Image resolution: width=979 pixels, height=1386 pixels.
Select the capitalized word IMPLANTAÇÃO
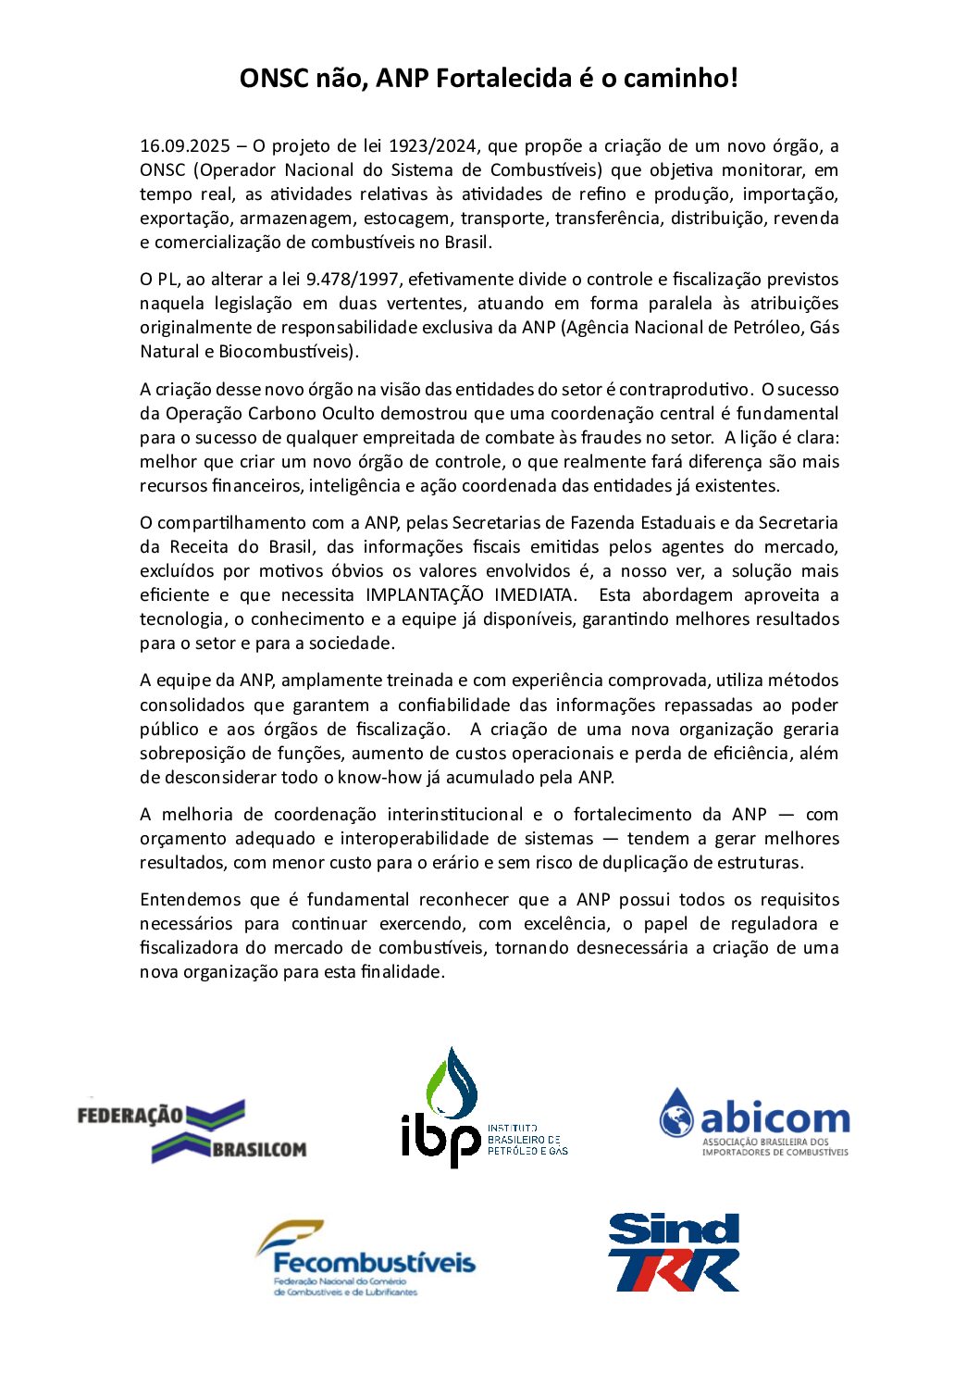[425, 595]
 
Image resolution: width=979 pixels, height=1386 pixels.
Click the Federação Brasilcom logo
[192, 1130]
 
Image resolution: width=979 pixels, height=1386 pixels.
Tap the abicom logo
[753, 1121]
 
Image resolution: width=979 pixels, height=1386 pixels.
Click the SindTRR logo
[674, 1252]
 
